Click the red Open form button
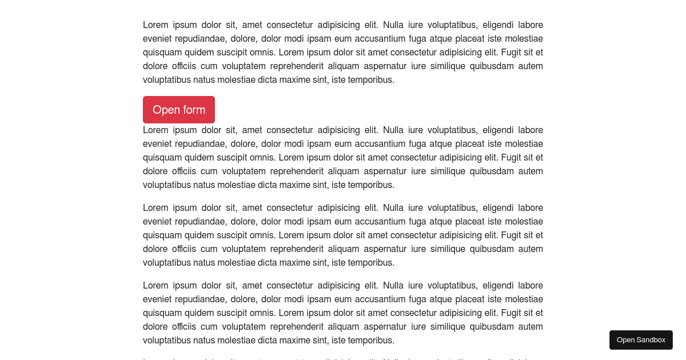pyautogui.click(x=179, y=110)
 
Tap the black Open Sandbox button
pyautogui.click(x=641, y=340)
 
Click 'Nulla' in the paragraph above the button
pyautogui.click(x=394, y=25)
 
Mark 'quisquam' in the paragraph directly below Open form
pyautogui.click(x=162, y=157)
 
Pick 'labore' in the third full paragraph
pyautogui.click(x=531, y=207)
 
